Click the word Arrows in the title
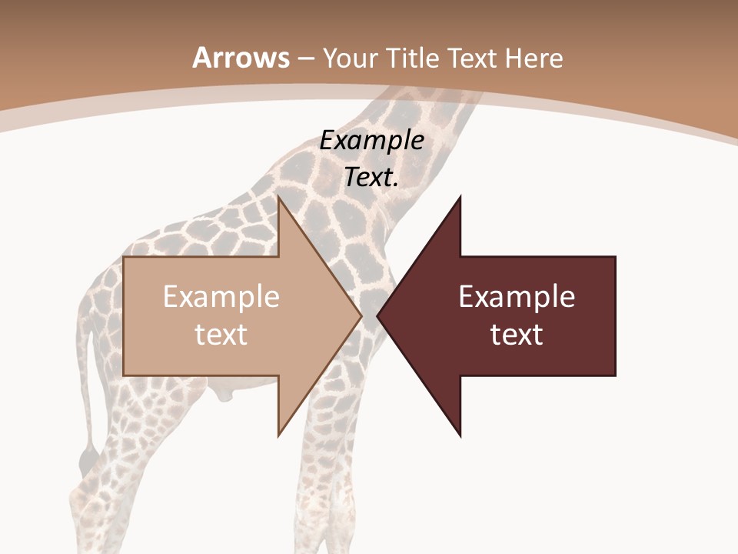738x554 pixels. pyautogui.click(x=241, y=58)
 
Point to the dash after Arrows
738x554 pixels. pyautogui.click(x=306, y=58)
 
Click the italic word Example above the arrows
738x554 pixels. pyautogui.click(x=372, y=141)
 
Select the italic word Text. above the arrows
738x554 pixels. pyautogui.click(x=372, y=178)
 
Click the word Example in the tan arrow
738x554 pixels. pyautogui.click(x=221, y=297)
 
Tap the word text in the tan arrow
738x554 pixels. pyautogui.click(x=221, y=335)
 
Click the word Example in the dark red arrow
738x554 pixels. pyautogui.click(x=517, y=297)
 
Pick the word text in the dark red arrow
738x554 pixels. pyautogui.click(x=517, y=335)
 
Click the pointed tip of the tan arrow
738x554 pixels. pyautogui.click(x=361, y=315)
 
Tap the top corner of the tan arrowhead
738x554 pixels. pyautogui.click(x=279, y=197)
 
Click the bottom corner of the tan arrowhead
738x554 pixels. pyautogui.click(x=279, y=435)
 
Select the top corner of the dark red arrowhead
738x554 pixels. pyautogui.click(x=460, y=197)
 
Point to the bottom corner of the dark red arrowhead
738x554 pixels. pyautogui.click(x=460, y=436)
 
